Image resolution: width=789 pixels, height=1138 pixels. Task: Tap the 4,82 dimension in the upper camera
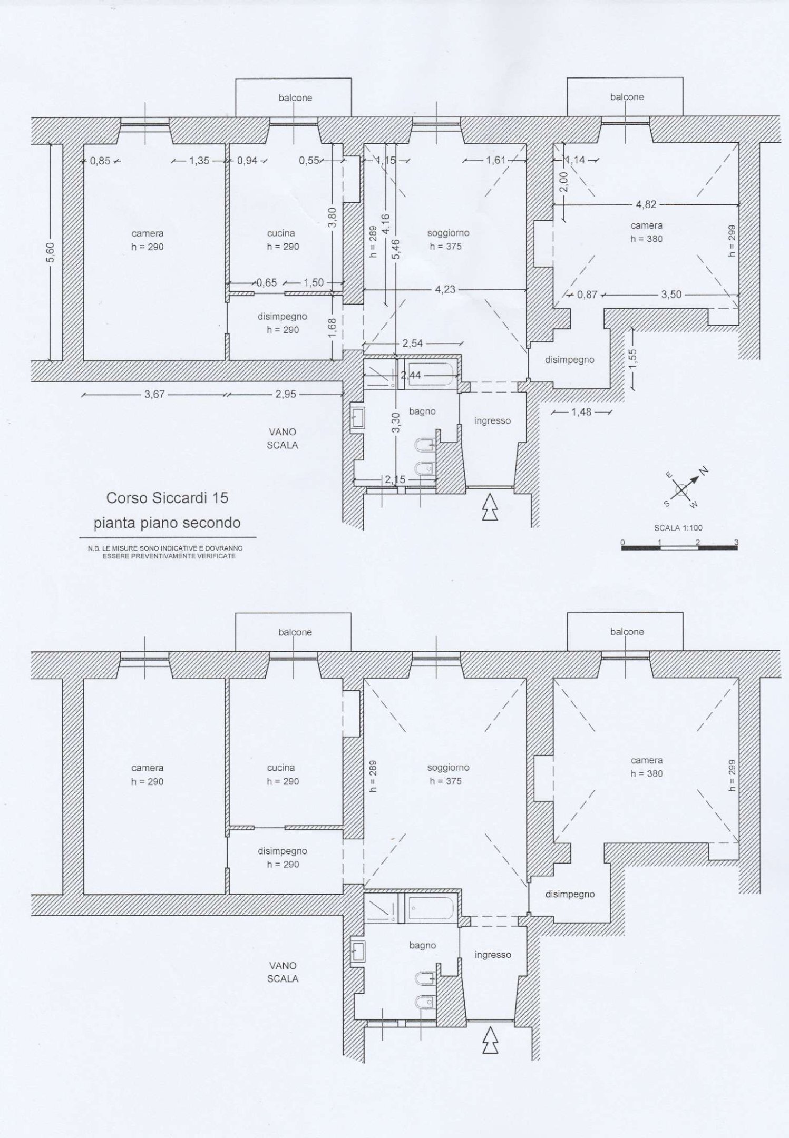pos(646,204)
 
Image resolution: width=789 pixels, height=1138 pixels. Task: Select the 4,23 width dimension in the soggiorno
pos(445,289)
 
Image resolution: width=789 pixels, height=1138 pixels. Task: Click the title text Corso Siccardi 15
pos(167,498)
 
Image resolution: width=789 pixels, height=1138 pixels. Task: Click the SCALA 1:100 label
pos(678,528)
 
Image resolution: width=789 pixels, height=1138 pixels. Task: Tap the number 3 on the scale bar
pos(736,542)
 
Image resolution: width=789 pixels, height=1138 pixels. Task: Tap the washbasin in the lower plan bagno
pos(358,951)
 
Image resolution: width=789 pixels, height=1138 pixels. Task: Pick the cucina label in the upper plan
pos(280,233)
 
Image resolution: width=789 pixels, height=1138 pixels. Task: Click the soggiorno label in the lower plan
pos(448,768)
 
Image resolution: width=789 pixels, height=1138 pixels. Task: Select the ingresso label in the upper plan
pos(492,421)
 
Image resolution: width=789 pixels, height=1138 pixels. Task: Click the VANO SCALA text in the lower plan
pos(283,972)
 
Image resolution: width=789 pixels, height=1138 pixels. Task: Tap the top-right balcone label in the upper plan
pos(627,97)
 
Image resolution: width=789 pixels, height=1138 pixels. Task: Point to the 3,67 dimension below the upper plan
pos(154,394)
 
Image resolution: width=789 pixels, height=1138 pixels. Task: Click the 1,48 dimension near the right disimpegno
pos(581,412)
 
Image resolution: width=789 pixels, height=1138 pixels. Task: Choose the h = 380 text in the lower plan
pos(647,773)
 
